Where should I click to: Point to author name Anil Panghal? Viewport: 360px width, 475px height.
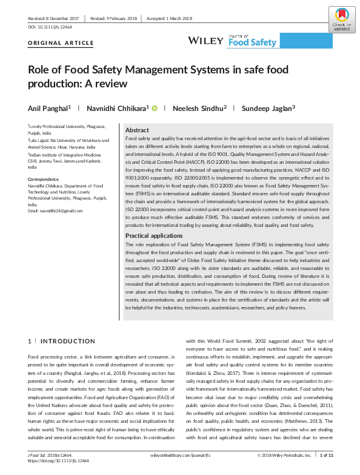click(48, 107)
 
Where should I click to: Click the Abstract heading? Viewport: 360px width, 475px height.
click(138, 130)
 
